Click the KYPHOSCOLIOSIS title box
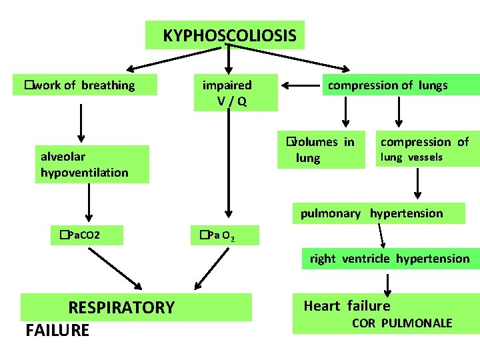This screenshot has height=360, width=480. coord(225,35)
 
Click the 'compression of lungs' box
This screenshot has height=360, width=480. coord(387,85)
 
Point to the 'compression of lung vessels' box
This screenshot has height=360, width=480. coord(425,149)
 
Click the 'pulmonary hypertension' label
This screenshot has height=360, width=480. coord(371,213)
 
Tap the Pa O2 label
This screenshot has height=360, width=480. coord(212,235)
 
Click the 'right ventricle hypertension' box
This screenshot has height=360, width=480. coord(389,259)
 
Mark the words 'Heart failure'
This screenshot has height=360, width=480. coord(347,306)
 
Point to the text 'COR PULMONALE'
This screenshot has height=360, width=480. coord(401,323)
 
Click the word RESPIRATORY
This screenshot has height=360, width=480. coord(121,307)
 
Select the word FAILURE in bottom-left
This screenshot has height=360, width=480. coord(57,331)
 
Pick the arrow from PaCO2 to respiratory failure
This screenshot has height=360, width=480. coord(117,270)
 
